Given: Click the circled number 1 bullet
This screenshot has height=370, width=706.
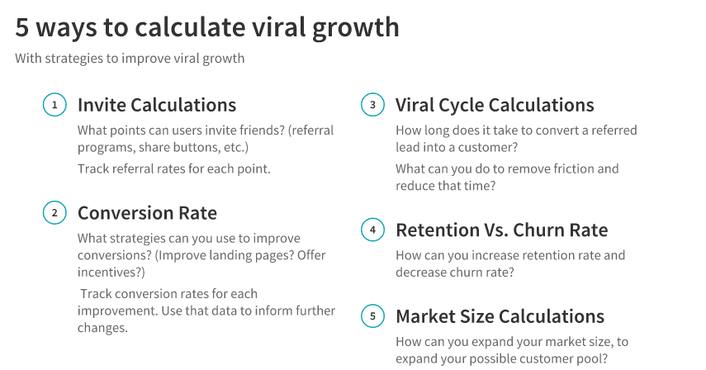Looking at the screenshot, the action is coord(54,105).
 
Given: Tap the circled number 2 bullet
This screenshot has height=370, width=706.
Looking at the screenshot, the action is coord(54,212).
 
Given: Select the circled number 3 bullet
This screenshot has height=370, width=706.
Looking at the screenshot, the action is coord(372,105).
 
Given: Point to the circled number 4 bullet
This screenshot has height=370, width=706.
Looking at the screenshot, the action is coord(372,230).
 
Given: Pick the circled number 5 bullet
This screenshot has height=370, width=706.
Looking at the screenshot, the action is coord(372,316).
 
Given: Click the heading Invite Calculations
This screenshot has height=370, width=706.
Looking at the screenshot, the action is coord(157,105).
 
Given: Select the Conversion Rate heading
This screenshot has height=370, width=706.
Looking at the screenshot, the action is coord(147,213).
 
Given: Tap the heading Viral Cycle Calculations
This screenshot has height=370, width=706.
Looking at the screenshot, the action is coord(495,105).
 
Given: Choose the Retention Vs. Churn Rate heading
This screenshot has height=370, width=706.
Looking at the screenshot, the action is coord(501,230).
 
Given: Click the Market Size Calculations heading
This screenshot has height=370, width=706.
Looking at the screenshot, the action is coord(500,316).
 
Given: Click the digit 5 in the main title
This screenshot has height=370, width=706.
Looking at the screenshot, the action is coord(22,27).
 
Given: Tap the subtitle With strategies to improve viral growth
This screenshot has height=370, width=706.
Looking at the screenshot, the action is coord(130,59).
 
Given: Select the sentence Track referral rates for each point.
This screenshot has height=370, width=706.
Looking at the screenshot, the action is coord(173,168).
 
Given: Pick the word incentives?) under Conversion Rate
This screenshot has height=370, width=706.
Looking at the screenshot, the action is coord(111,273).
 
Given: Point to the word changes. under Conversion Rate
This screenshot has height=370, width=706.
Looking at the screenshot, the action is coord(102,328).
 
